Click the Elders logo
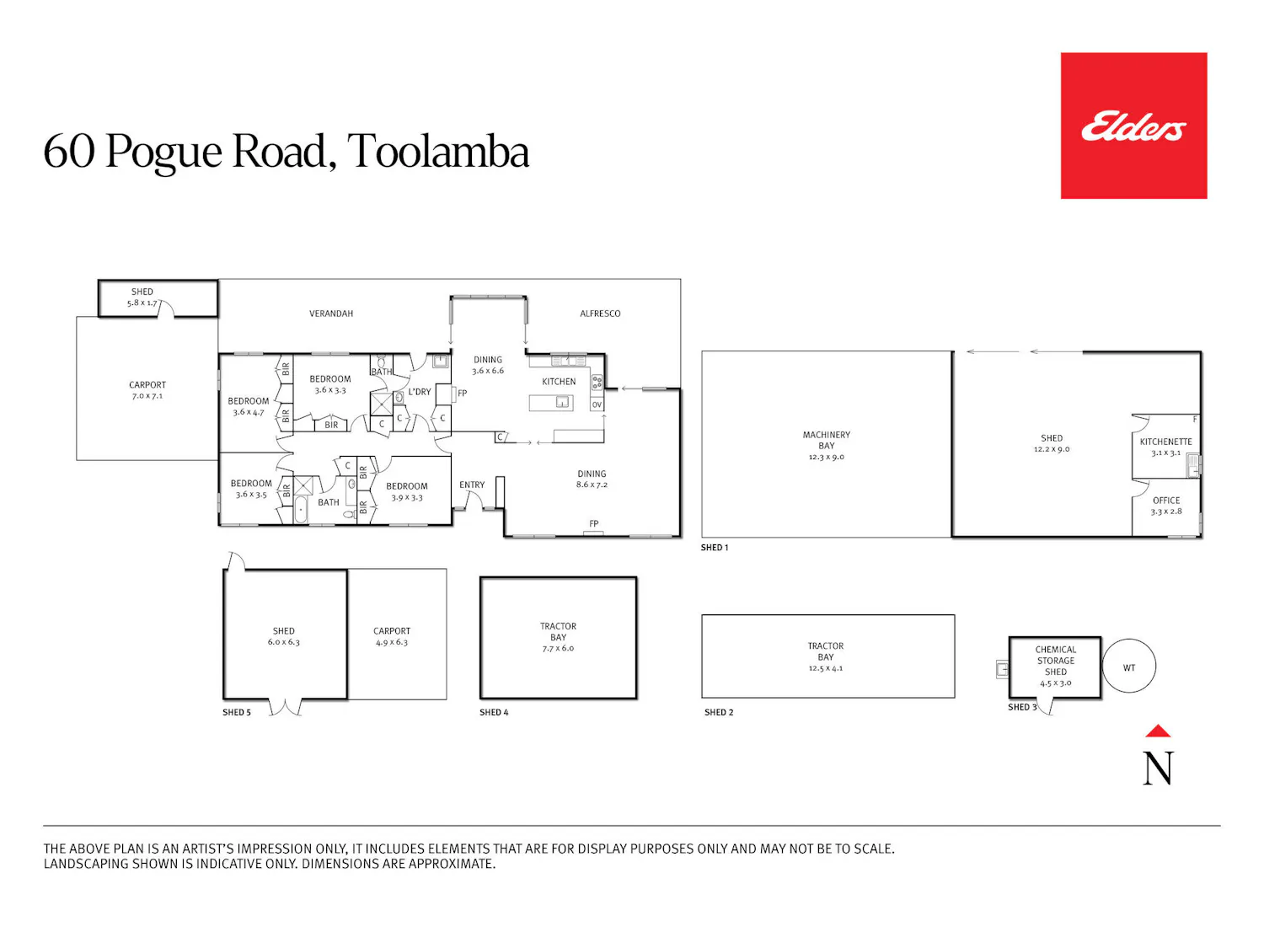[1133, 126]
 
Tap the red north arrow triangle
[1158, 731]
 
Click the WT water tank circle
[1128, 666]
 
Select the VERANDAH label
[331, 313]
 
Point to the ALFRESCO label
[600, 313]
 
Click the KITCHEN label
[559, 382]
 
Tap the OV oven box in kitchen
[597, 404]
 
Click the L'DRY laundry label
[419, 392]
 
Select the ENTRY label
[472, 485]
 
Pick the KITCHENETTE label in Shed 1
[1166, 442]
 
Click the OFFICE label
[1166, 501]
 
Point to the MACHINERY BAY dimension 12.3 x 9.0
[827, 457]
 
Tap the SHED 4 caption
[494, 712]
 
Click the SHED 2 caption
[719, 712]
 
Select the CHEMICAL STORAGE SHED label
[1056, 660]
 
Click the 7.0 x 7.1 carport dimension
[147, 396]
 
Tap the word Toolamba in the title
[438, 152]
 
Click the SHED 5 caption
[237, 712]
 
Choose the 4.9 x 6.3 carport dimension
[392, 642]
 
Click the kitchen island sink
[563, 402]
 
